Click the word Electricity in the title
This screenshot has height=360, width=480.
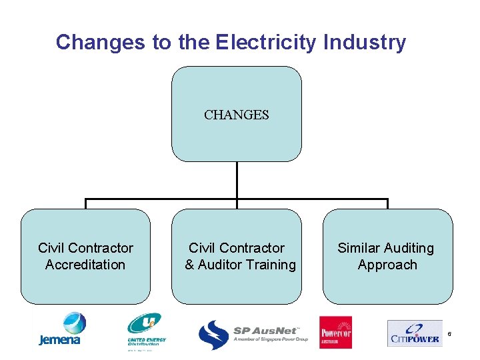point(266,43)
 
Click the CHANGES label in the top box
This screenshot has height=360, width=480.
point(237,115)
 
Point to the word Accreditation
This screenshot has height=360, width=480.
point(85,265)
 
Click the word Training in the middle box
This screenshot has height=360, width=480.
point(269,265)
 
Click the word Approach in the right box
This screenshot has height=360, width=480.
point(387,265)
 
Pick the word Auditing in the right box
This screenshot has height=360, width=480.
point(409,248)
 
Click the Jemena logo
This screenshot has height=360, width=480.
point(60,329)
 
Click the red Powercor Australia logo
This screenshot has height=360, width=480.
point(336,332)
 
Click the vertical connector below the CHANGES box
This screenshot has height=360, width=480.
point(237,180)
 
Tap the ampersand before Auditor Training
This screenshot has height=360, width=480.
point(189,265)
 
